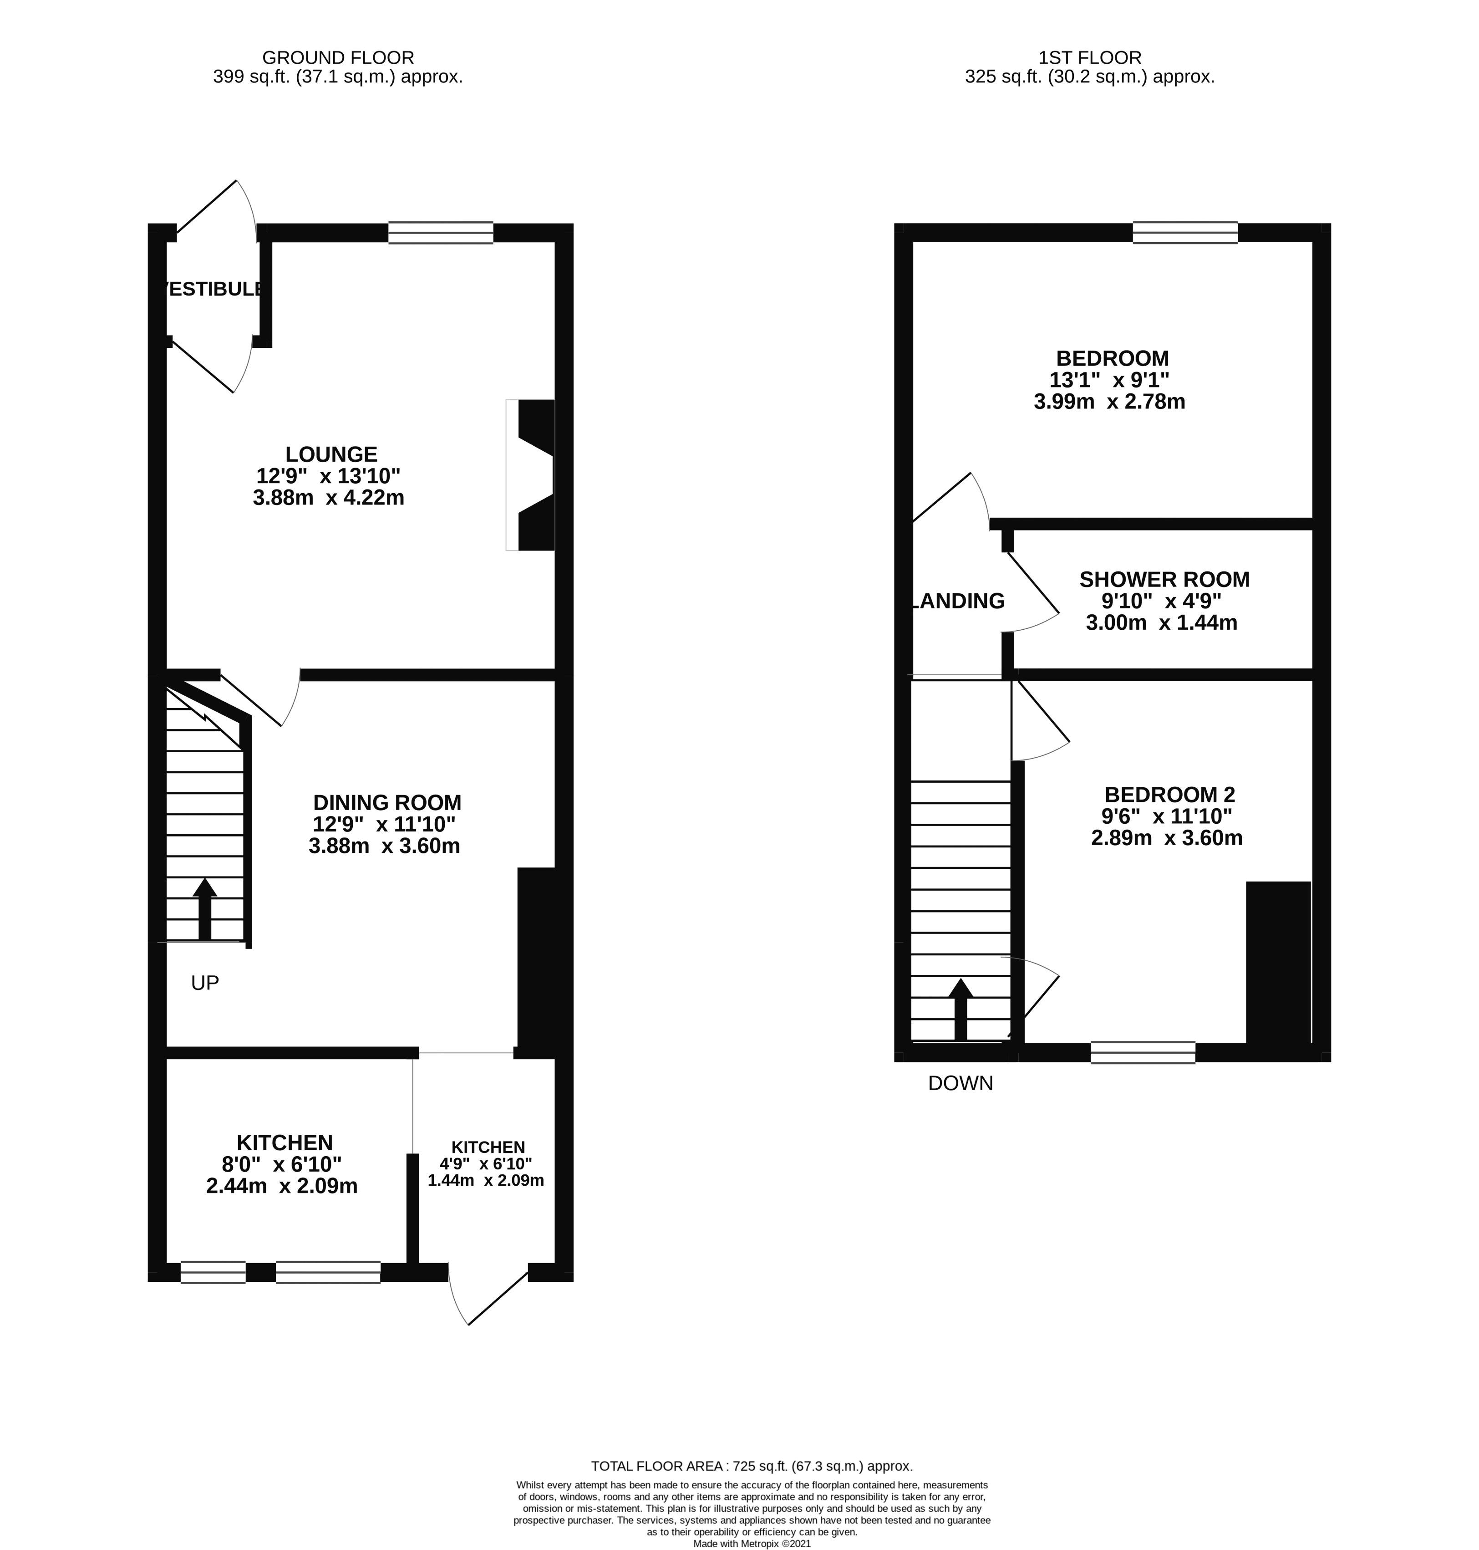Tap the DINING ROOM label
tap(387, 803)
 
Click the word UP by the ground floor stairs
tap(205, 982)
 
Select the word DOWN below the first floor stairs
tap(960, 1083)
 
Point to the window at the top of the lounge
tap(441, 233)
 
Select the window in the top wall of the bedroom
tap(1185, 233)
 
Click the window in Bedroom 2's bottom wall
tap(1142, 1052)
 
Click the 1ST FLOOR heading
tap(1089, 57)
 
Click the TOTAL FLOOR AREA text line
tap(751, 1466)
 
